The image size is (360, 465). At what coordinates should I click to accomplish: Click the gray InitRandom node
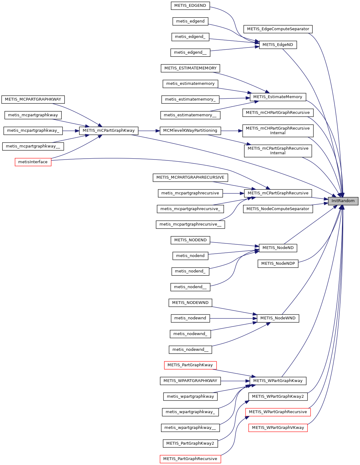coord(343,201)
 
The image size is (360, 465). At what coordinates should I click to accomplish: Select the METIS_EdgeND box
coord(278,45)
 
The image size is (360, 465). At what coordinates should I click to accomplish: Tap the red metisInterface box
coord(33,162)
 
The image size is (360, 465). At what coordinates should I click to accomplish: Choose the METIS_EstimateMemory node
coord(278,97)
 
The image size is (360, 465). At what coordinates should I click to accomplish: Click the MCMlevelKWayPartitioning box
coord(190,131)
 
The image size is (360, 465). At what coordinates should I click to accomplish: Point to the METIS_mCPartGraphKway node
coord(109,131)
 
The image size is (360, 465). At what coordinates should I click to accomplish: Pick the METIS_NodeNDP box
coord(278,264)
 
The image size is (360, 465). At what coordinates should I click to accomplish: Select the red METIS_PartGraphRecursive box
coord(190,459)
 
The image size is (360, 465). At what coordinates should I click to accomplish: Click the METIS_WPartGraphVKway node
coord(278,428)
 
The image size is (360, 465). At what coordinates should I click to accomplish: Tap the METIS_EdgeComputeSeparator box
coord(278,29)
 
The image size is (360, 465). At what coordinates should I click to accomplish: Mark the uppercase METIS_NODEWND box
coord(190,303)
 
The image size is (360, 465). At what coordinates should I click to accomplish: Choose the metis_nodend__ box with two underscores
coord(190,287)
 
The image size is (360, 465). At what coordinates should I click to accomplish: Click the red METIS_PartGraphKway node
coord(190,365)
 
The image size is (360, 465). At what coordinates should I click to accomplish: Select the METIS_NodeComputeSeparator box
coord(278,209)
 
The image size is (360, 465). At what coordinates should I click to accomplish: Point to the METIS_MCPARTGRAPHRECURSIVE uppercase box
coord(190,177)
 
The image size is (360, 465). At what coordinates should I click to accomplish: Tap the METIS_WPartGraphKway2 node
coord(278,396)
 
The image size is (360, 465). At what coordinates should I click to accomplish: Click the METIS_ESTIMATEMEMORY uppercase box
coord(190,68)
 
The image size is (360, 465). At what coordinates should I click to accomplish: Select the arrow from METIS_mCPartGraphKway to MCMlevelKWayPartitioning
coord(149,131)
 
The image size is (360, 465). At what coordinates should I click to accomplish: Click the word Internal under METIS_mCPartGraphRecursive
coord(278,153)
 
